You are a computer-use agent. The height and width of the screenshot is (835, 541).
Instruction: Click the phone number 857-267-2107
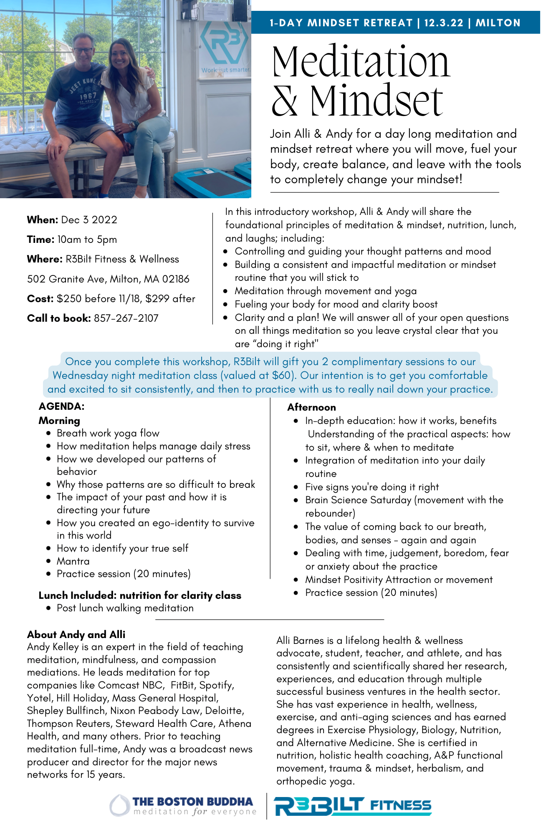click(126, 318)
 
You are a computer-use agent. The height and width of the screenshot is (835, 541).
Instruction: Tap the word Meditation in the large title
click(361, 61)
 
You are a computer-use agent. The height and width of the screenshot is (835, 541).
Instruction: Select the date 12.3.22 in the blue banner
click(444, 23)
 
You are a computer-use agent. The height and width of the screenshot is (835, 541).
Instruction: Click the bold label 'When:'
click(43, 220)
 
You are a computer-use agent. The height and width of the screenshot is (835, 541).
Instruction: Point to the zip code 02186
click(176, 279)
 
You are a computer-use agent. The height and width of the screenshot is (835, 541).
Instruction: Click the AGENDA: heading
click(61, 406)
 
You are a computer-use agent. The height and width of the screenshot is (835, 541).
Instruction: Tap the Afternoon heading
click(311, 407)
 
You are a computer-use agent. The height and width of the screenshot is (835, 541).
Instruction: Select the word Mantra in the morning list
click(73, 561)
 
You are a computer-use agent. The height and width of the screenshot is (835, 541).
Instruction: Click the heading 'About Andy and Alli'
click(76, 635)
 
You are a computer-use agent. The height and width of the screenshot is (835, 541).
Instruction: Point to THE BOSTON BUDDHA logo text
click(192, 802)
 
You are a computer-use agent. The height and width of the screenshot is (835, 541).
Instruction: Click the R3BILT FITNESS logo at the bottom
click(353, 806)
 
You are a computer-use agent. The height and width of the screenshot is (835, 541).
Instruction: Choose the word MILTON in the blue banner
click(498, 23)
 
